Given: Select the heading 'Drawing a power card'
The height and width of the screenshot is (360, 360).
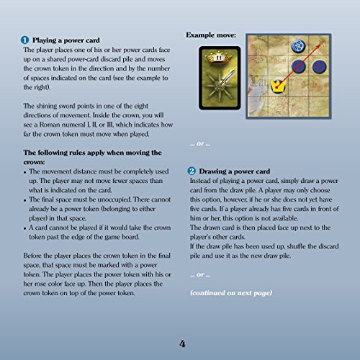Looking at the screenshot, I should pos(234,171).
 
